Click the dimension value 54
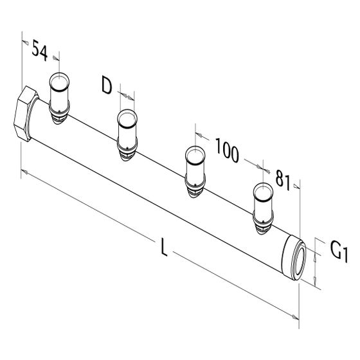(39, 50)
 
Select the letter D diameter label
(107, 85)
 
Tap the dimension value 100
(227, 150)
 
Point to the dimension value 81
(283, 180)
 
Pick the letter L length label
(164, 247)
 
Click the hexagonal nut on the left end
(26, 114)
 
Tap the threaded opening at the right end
(298, 258)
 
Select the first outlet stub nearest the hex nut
(59, 98)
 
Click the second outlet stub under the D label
(127, 135)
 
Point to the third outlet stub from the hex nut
(195, 172)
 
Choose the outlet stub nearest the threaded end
(263, 208)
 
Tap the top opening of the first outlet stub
(59, 82)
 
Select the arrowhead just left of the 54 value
(25, 42)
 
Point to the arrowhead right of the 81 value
(297, 186)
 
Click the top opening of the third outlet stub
(195, 155)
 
